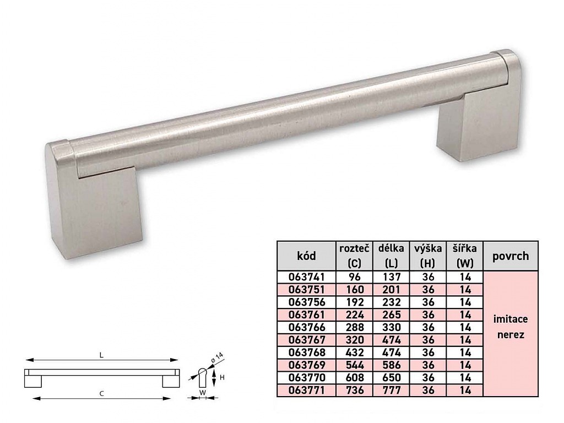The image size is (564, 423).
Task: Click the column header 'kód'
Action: click(x=306, y=256)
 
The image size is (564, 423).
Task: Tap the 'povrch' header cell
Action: click(x=511, y=256)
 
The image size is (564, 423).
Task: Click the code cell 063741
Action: click(x=306, y=277)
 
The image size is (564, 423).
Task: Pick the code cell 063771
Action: click(x=306, y=390)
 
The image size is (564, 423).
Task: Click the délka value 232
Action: click(x=391, y=302)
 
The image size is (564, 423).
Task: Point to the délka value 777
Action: click(x=391, y=390)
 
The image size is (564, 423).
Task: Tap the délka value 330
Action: click(x=391, y=327)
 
